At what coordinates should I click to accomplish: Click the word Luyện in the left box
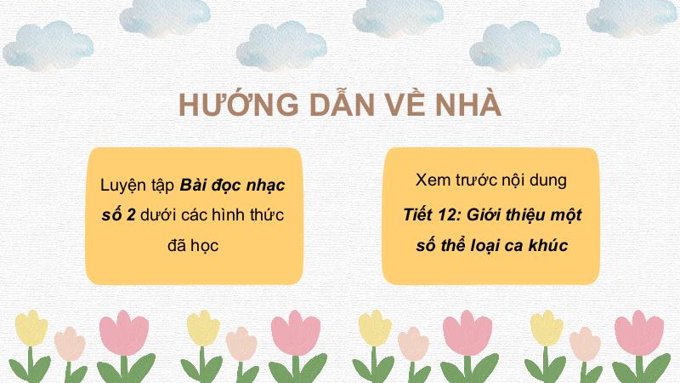pos(123,186)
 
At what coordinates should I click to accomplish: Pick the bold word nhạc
pos(266,186)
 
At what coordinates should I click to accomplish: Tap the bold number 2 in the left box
pos(131,214)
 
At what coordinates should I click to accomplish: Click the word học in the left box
pos(204,246)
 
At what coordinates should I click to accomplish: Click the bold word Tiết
pos(418,214)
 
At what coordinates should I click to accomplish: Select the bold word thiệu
pos(524,215)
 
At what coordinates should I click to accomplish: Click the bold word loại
pos(483,246)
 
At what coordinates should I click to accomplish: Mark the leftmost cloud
pos(48,46)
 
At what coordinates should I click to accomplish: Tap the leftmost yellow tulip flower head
pos(31,328)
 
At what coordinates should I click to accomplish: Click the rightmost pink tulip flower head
pos(639,333)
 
